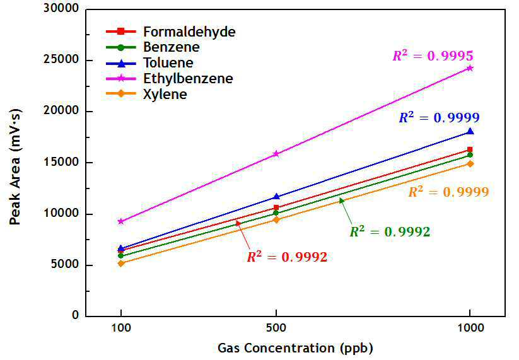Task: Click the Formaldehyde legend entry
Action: click(171, 32)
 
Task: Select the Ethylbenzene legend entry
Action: click(170, 78)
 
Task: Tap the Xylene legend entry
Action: click(146, 94)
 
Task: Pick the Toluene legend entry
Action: click(149, 63)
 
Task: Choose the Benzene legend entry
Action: click(153, 47)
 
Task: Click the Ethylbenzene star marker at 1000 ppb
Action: click(470, 68)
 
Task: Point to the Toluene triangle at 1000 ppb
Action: click(470, 131)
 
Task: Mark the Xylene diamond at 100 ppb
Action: click(121, 264)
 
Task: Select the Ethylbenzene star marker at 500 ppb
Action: click(276, 154)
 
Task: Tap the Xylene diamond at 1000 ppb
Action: click(470, 164)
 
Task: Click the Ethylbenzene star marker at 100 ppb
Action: click(121, 221)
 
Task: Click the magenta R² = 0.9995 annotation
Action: click(433, 55)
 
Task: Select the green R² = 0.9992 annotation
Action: click(390, 231)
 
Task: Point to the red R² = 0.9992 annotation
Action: click(287, 257)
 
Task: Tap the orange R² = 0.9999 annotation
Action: click(448, 192)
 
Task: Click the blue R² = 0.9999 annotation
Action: click(440, 117)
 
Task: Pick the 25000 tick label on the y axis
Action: click(62, 60)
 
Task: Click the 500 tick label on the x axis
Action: click(276, 328)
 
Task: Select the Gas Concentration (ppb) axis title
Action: click(296, 348)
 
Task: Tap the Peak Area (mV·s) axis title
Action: click(15, 167)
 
